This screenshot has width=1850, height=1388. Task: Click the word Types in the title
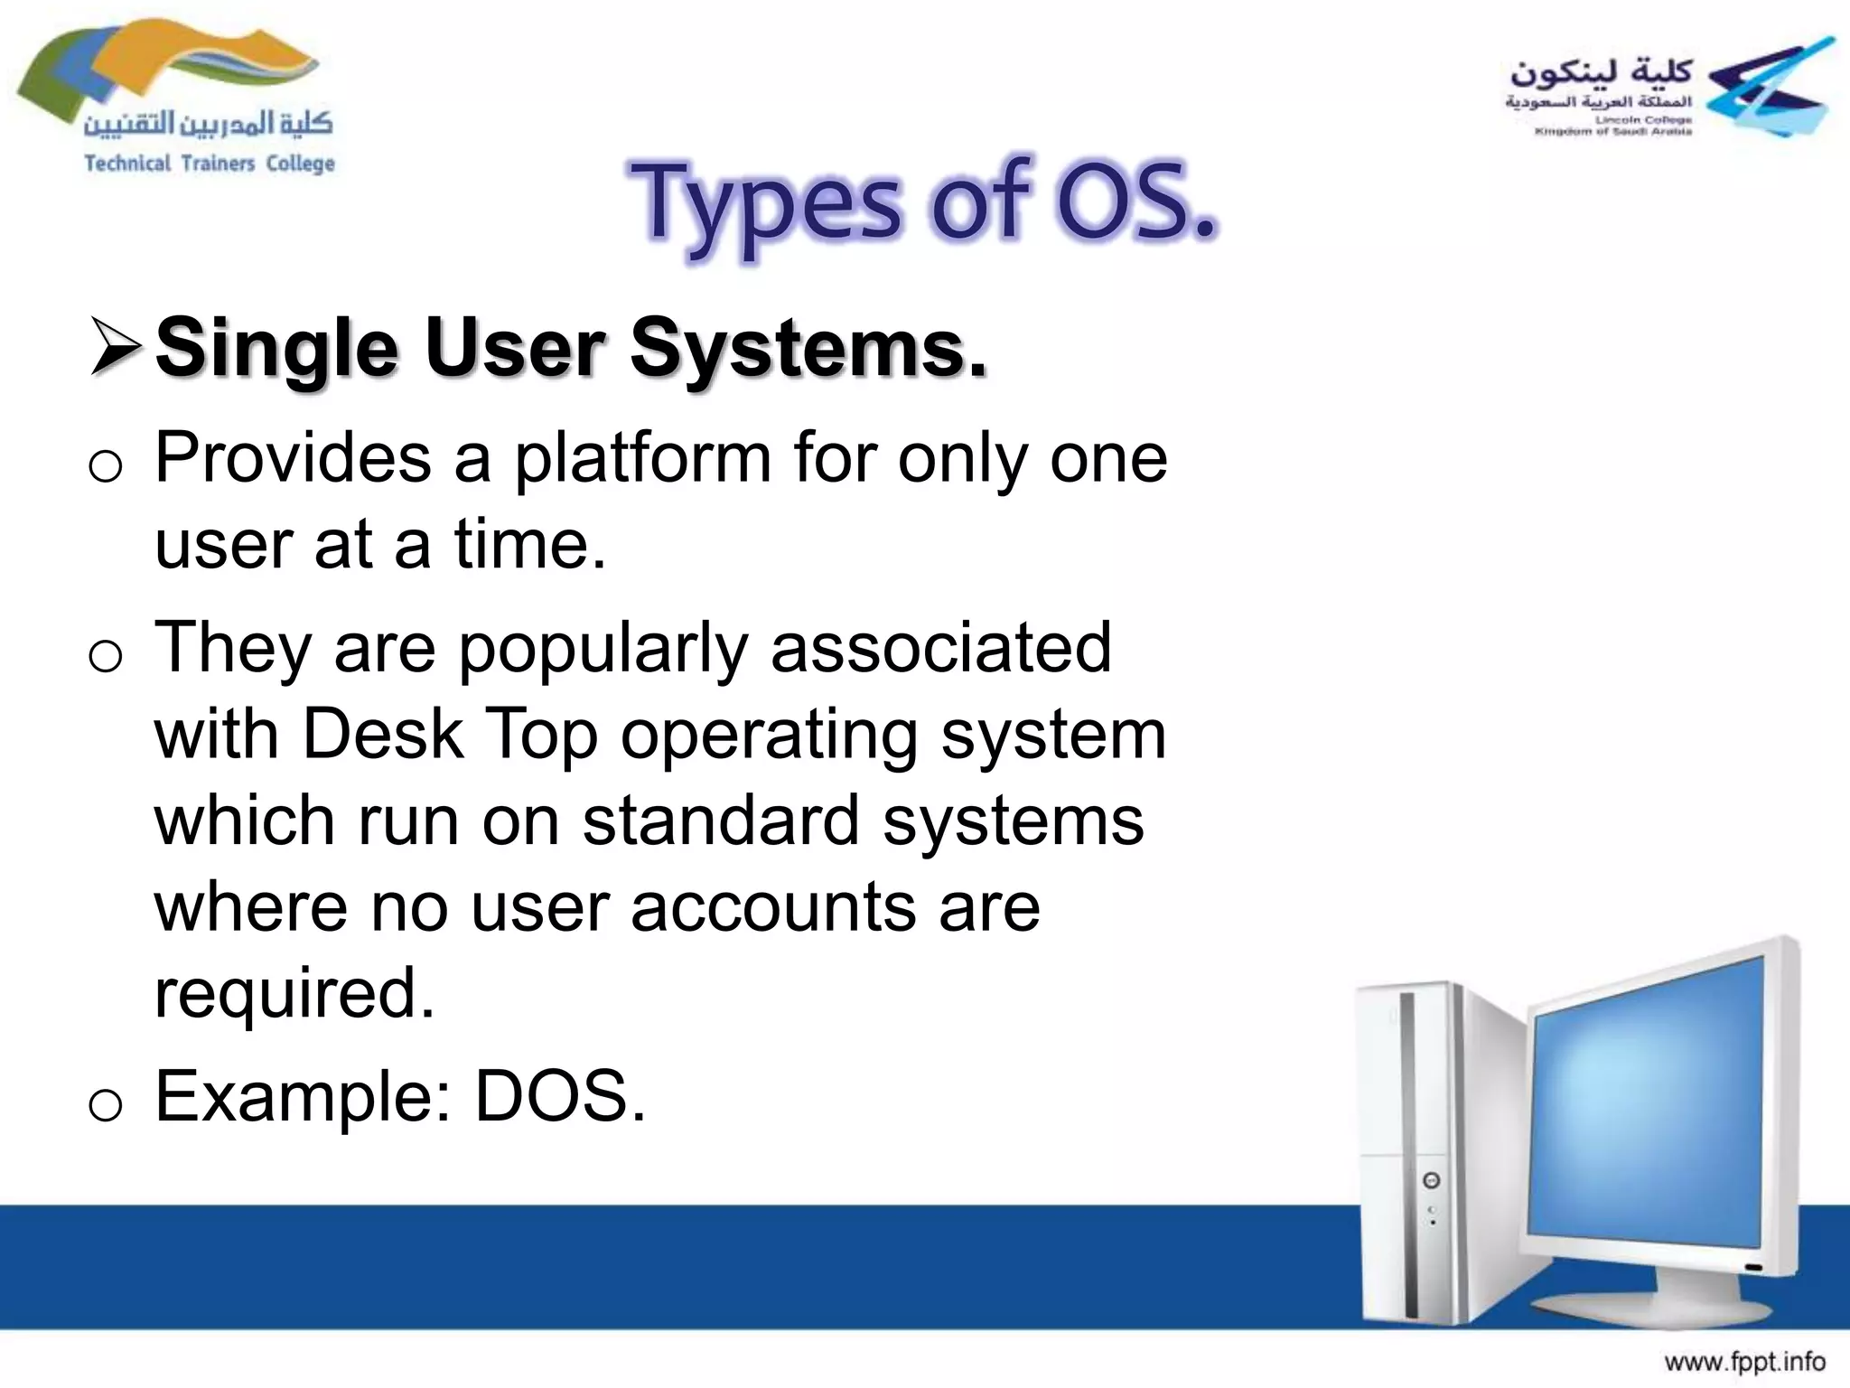click(x=763, y=204)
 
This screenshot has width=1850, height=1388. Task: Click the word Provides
click(x=293, y=459)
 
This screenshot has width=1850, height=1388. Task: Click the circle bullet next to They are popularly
click(x=106, y=656)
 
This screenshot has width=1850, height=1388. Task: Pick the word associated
click(x=940, y=647)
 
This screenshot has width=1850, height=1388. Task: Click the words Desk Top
click(x=449, y=734)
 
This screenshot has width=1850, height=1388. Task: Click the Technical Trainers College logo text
click(x=209, y=164)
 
